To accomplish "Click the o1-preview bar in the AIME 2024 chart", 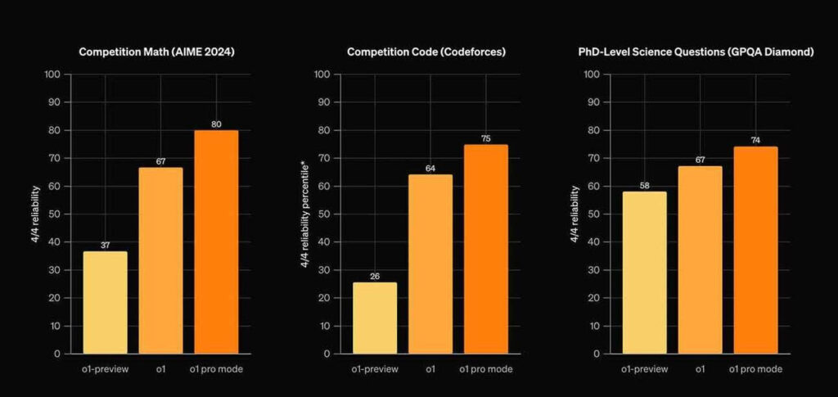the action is pos(105,302).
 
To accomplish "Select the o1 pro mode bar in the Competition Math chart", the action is pos(216,242).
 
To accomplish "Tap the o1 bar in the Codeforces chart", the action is pos(430,264).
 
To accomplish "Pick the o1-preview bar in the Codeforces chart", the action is pos(375,318).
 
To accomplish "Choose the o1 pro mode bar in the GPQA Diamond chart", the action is pos(755,250).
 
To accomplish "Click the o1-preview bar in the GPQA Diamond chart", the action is pos(644,273).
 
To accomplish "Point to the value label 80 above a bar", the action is pos(216,124).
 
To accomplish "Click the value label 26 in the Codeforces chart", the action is pos(375,276).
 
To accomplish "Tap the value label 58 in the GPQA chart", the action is pos(644,186).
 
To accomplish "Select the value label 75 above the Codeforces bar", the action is pos(486,139).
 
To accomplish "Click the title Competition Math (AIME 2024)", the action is pos(156,52).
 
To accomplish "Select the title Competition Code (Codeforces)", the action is pos(426,52).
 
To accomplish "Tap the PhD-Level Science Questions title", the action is pos(696,52).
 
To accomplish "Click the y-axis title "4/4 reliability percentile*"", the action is pos(304,214).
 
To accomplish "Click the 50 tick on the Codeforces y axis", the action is pos(327,214).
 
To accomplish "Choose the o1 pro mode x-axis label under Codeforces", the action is pos(486,369).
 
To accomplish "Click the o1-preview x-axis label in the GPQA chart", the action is pos(644,369).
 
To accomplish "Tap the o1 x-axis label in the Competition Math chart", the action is pos(160,369).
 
